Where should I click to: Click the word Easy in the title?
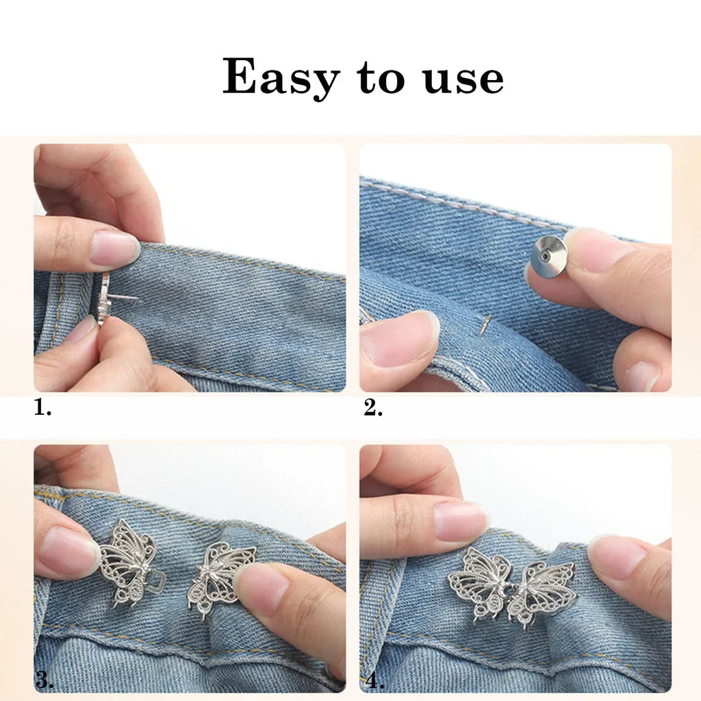click(281, 79)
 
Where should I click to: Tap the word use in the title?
click(463, 79)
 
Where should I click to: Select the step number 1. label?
click(42, 409)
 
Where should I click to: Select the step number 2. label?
click(373, 409)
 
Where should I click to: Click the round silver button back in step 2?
click(548, 257)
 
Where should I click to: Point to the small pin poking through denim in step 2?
click(485, 324)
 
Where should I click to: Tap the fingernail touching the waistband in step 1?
click(114, 248)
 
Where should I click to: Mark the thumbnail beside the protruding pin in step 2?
click(400, 338)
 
